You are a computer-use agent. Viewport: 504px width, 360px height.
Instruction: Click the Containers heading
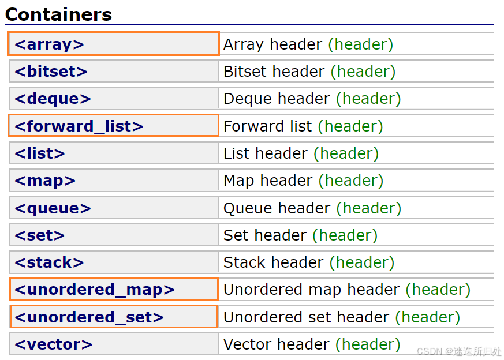(x=58, y=14)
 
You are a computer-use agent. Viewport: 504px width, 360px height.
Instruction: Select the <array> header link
(x=49, y=44)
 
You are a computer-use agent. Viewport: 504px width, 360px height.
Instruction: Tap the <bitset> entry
(x=51, y=72)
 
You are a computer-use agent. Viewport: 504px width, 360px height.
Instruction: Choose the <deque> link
(x=53, y=99)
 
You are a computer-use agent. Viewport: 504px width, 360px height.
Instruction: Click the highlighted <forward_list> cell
(x=114, y=126)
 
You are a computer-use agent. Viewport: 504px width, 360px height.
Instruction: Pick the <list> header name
(x=39, y=153)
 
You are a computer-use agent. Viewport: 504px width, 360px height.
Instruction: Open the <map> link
(x=45, y=181)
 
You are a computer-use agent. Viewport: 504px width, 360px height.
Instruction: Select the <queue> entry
(x=53, y=208)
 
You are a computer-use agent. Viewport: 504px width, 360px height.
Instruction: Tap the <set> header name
(x=39, y=235)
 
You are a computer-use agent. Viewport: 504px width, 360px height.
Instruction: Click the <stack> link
(x=49, y=262)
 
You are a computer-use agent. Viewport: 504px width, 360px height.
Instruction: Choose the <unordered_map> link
(x=95, y=290)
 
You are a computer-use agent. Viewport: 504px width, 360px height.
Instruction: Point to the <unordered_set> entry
(x=89, y=317)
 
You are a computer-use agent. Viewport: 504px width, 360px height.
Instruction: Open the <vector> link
(x=53, y=344)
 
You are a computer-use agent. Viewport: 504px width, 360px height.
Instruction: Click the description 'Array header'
(x=272, y=44)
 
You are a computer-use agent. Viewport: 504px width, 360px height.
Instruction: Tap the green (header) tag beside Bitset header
(x=363, y=72)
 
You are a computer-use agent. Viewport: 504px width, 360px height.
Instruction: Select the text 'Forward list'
(x=267, y=126)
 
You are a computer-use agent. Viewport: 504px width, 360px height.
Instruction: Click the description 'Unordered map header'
(x=312, y=290)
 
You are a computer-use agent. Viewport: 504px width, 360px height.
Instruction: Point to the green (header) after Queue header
(x=369, y=208)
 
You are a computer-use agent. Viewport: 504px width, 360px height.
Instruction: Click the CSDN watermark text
(x=459, y=351)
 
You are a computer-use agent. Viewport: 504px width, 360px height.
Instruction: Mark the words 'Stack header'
(x=273, y=262)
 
